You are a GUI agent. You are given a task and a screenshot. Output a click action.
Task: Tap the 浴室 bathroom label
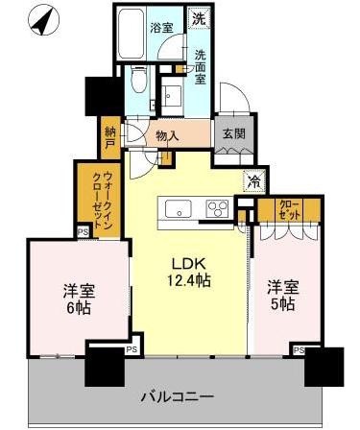coord(160,30)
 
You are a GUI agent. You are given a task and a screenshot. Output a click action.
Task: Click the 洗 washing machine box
coord(197,18)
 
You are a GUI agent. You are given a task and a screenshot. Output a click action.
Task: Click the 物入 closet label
coord(167,135)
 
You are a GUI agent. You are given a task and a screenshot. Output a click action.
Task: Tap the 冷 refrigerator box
coord(254,179)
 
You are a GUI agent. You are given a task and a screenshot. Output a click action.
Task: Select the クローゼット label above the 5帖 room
coord(289,209)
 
